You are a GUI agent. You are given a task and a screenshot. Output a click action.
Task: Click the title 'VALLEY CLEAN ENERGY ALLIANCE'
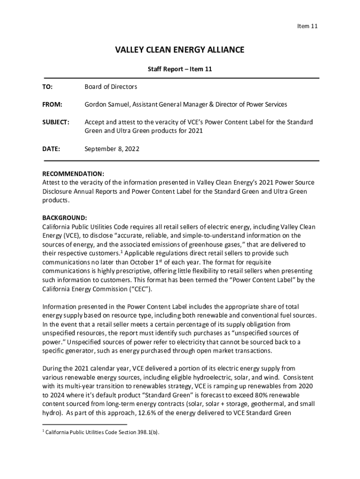(180, 50)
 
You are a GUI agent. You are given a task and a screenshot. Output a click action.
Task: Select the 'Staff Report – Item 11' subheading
(180, 69)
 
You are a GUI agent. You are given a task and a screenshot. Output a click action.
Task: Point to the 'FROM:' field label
(52, 104)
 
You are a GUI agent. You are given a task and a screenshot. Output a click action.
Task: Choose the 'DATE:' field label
(51, 149)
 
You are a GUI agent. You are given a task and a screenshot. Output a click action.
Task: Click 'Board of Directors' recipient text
(111, 87)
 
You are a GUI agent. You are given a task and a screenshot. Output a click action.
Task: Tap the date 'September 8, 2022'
(112, 149)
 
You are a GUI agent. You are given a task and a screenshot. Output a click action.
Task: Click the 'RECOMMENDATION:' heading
(73, 173)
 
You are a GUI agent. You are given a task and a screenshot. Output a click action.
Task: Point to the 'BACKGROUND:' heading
(65, 218)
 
